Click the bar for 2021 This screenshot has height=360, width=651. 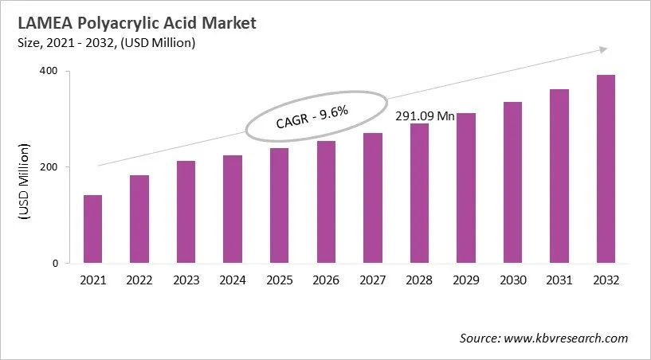[92, 229]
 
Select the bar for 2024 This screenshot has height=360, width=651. [233, 209]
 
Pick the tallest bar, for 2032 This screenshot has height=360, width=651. [606, 169]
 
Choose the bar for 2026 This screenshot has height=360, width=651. [326, 202]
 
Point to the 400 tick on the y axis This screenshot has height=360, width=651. [54, 72]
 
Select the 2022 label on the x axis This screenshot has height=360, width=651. [139, 280]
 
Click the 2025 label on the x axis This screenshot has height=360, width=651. [279, 280]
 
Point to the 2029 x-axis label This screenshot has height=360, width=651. [465, 280]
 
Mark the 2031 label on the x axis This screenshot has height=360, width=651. [559, 280]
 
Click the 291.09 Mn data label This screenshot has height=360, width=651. [425, 116]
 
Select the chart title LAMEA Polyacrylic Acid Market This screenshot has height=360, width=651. [131, 23]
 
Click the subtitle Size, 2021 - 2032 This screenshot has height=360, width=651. [104, 42]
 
